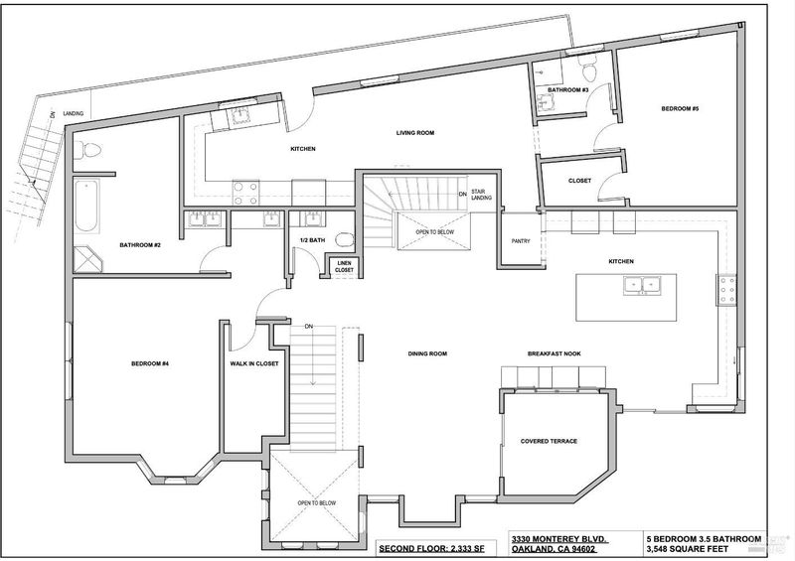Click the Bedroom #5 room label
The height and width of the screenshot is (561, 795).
click(680, 109)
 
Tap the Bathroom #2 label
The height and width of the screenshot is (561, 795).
click(140, 245)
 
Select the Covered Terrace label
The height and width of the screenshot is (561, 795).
click(549, 442)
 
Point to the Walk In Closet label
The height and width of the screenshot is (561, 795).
click(254, 363)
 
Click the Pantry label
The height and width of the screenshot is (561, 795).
click(521, 241)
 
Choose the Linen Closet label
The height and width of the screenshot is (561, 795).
click(344, 267)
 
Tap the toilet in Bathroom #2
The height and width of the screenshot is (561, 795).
click(87, 151)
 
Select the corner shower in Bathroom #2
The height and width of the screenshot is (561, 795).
click(87, 259)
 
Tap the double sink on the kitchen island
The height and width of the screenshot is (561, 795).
click(642, 285)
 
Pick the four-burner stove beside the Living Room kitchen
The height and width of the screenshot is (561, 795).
click(245, 193)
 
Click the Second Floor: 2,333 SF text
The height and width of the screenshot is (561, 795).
click(432, 548)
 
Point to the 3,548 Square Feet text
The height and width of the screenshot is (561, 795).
click(687, 549)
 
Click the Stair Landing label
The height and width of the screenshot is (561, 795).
click(481, 195)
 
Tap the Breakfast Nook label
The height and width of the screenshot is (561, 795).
click(555, 353)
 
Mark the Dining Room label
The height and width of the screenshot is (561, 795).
click(427, 353)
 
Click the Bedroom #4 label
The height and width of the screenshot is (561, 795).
click(150, 363)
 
